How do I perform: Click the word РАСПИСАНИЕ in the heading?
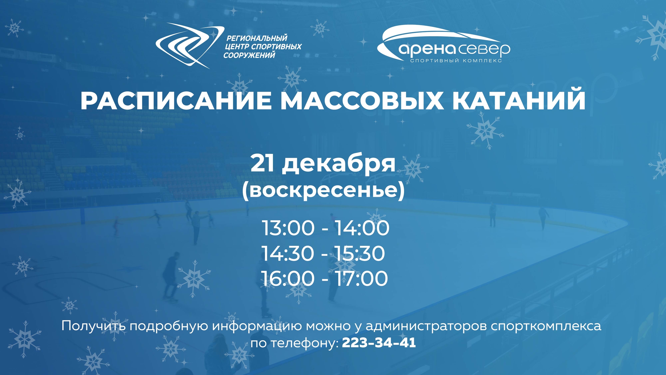pyautogui.click(x=175, y=101)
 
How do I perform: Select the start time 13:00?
pyautogui.click(x=288, y=228)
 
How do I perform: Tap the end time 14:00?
pyautogui.click(x=362, y=228)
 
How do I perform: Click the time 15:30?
pyautogui.click(x=360, y=253)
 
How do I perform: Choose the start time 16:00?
pyautogui.click(x=288, y=279)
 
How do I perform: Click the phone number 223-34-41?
pyautogui.click(x=379, y=343)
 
